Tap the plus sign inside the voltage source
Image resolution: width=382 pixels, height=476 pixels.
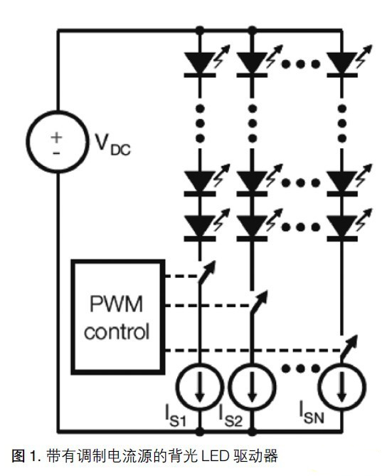(56, 138)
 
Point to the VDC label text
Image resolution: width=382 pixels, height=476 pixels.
(112, 145)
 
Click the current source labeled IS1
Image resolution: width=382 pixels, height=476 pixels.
(178, 386)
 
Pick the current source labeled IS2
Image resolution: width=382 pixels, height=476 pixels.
(230, 386)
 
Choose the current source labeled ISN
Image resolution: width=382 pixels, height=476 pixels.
(322, 386)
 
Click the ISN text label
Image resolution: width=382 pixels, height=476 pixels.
(312, 413)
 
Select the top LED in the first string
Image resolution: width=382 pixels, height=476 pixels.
(200, 63)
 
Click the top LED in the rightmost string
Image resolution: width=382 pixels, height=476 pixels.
(342, 63)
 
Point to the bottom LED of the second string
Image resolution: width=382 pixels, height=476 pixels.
(252, 227)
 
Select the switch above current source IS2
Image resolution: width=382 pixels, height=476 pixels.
(258, 302)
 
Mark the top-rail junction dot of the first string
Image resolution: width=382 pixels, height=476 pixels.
(200, 31)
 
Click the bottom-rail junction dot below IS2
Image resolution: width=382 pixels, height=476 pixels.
(252, 431)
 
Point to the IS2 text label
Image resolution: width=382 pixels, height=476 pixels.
(230, 417)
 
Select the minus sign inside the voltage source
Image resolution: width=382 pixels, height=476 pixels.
(56, 153)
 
